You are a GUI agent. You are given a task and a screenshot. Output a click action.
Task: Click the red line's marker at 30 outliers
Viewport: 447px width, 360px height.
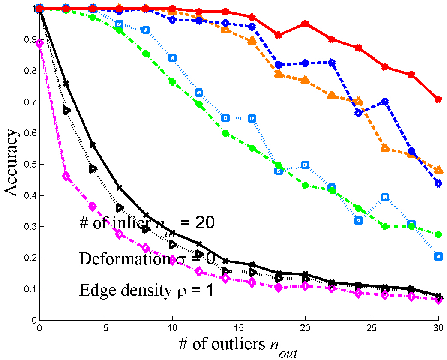[438, 99]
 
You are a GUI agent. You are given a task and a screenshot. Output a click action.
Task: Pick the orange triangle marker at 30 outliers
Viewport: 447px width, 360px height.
[438, 170]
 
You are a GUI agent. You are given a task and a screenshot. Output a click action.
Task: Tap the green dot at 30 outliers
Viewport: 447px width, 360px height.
[438, 234]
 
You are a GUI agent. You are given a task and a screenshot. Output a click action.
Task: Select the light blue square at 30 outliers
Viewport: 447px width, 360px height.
[438, 256]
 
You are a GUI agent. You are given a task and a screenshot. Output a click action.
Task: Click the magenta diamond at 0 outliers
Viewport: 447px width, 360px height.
[39, 43]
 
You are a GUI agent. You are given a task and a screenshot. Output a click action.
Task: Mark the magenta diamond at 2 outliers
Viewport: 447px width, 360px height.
[66, 176]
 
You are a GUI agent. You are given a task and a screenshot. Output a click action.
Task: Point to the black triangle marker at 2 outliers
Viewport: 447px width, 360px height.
[66, 110]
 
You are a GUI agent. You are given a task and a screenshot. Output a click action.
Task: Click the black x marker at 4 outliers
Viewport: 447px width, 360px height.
[93, 145]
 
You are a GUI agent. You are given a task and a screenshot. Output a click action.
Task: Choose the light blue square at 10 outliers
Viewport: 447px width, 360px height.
[172, 58]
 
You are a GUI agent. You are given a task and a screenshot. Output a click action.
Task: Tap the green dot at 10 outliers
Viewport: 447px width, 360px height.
[172, 81]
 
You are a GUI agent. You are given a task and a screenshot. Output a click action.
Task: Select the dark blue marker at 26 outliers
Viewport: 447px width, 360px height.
[385, 102]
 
